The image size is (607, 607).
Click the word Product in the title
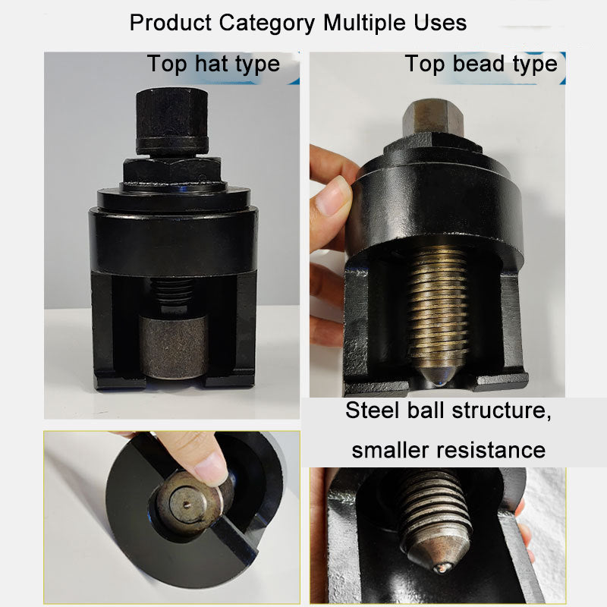click(x=171, y=23)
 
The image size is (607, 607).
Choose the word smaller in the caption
click(x=391, y=450)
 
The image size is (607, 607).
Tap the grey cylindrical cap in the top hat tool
click(x=173, y=344)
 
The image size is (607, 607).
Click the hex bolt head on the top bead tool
click(x=432, y=118)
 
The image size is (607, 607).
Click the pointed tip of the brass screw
click(x=438, y=373)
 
